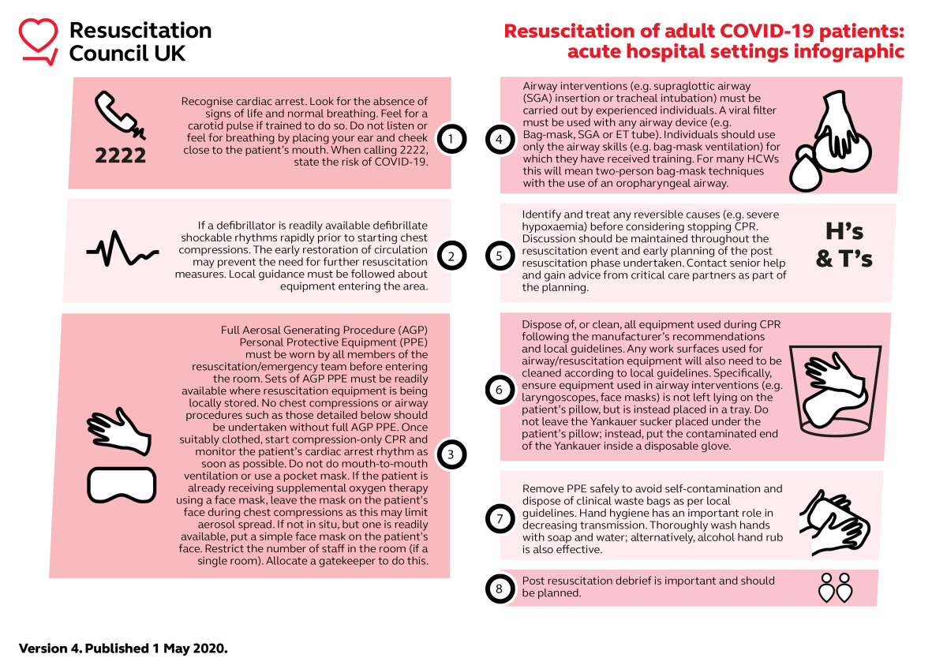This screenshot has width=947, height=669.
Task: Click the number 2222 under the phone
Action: (120, 155)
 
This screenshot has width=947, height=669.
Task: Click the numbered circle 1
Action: (451, 140)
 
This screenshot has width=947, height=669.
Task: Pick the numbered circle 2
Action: (451, 256)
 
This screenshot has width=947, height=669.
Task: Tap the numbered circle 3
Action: (451, 454)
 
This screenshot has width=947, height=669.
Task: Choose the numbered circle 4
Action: (500, 140)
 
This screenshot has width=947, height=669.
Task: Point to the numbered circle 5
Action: (500, 256)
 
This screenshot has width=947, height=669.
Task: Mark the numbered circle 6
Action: (500, 389)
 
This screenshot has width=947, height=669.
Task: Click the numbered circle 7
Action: (500, 518)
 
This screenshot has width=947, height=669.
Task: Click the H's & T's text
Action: (844, 245)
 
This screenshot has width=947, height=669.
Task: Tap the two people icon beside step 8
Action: (836, 588)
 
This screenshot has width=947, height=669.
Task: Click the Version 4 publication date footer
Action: (123, 648)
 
